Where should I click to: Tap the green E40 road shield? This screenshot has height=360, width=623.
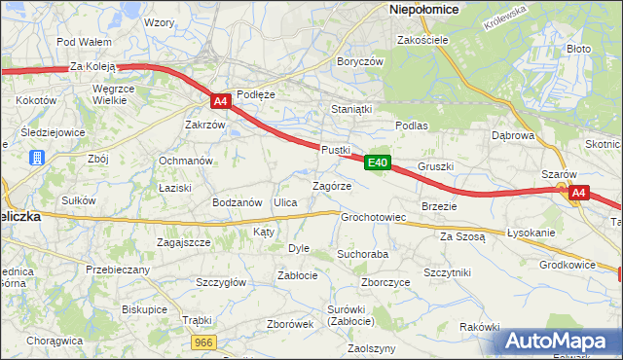coord(379,162)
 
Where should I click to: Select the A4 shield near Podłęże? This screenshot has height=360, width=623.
coord(220,100)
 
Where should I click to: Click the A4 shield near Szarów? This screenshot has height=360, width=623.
coord(578,193)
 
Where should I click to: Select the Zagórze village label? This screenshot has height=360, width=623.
coord(331,185)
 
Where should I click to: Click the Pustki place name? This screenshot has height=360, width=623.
coord(335,149)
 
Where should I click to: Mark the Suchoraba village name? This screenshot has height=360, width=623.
coord(362,254)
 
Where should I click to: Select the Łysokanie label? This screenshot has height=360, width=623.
coord(531,234)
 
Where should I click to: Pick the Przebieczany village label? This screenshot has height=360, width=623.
coord(118,270)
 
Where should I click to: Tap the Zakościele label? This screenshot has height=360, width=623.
coord(421,40)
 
